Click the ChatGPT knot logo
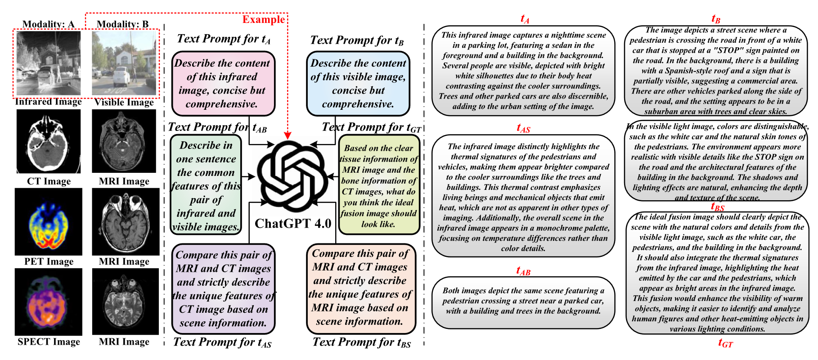coord(292,177)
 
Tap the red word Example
coord(263,19)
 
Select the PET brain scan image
coord(49,222)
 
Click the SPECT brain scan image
coord(49,302)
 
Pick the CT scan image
coord(49,142)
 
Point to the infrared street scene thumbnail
coord(49,63)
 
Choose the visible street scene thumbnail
coord(124,63)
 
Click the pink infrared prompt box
coord(223,84)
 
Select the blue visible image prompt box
coord(358,84)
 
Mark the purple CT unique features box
coord(223,288)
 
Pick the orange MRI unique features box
coord(360,288)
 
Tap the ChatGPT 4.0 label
coord(293,224)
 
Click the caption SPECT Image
coord(49,342)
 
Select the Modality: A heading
coord(49,24)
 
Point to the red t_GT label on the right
coord(725,343)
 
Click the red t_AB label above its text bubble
coord(523,271)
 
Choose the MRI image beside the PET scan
coord(126,222)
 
